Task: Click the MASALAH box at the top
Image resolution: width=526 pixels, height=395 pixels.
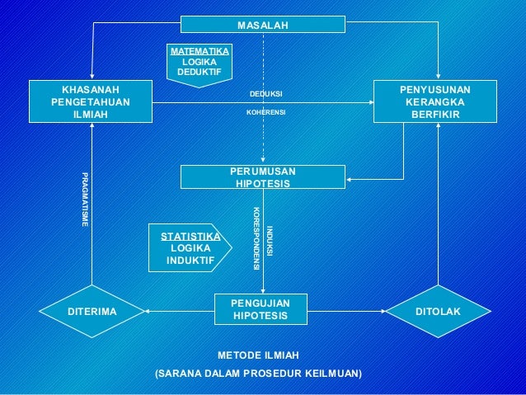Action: point(263,26)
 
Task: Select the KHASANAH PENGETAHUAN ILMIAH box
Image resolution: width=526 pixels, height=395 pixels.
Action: point(91,101)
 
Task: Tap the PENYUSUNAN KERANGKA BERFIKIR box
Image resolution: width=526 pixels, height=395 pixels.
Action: point(435,101)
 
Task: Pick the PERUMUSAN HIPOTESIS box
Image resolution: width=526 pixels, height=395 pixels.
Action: point(263,176)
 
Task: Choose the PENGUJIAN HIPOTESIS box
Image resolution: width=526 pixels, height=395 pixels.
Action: point(261,310)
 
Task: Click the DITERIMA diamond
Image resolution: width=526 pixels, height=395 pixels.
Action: point(91,312)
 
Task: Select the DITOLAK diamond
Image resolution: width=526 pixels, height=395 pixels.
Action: point(438,312)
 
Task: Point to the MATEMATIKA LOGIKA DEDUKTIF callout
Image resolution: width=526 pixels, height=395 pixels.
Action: point(200,63)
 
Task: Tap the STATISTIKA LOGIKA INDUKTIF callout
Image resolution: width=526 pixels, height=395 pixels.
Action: point(187,247)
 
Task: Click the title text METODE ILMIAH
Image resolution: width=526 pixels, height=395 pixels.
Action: point(258,355)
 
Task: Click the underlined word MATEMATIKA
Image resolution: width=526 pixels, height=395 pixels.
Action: point(200,52)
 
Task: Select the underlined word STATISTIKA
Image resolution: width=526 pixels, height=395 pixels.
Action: point(190,236)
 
